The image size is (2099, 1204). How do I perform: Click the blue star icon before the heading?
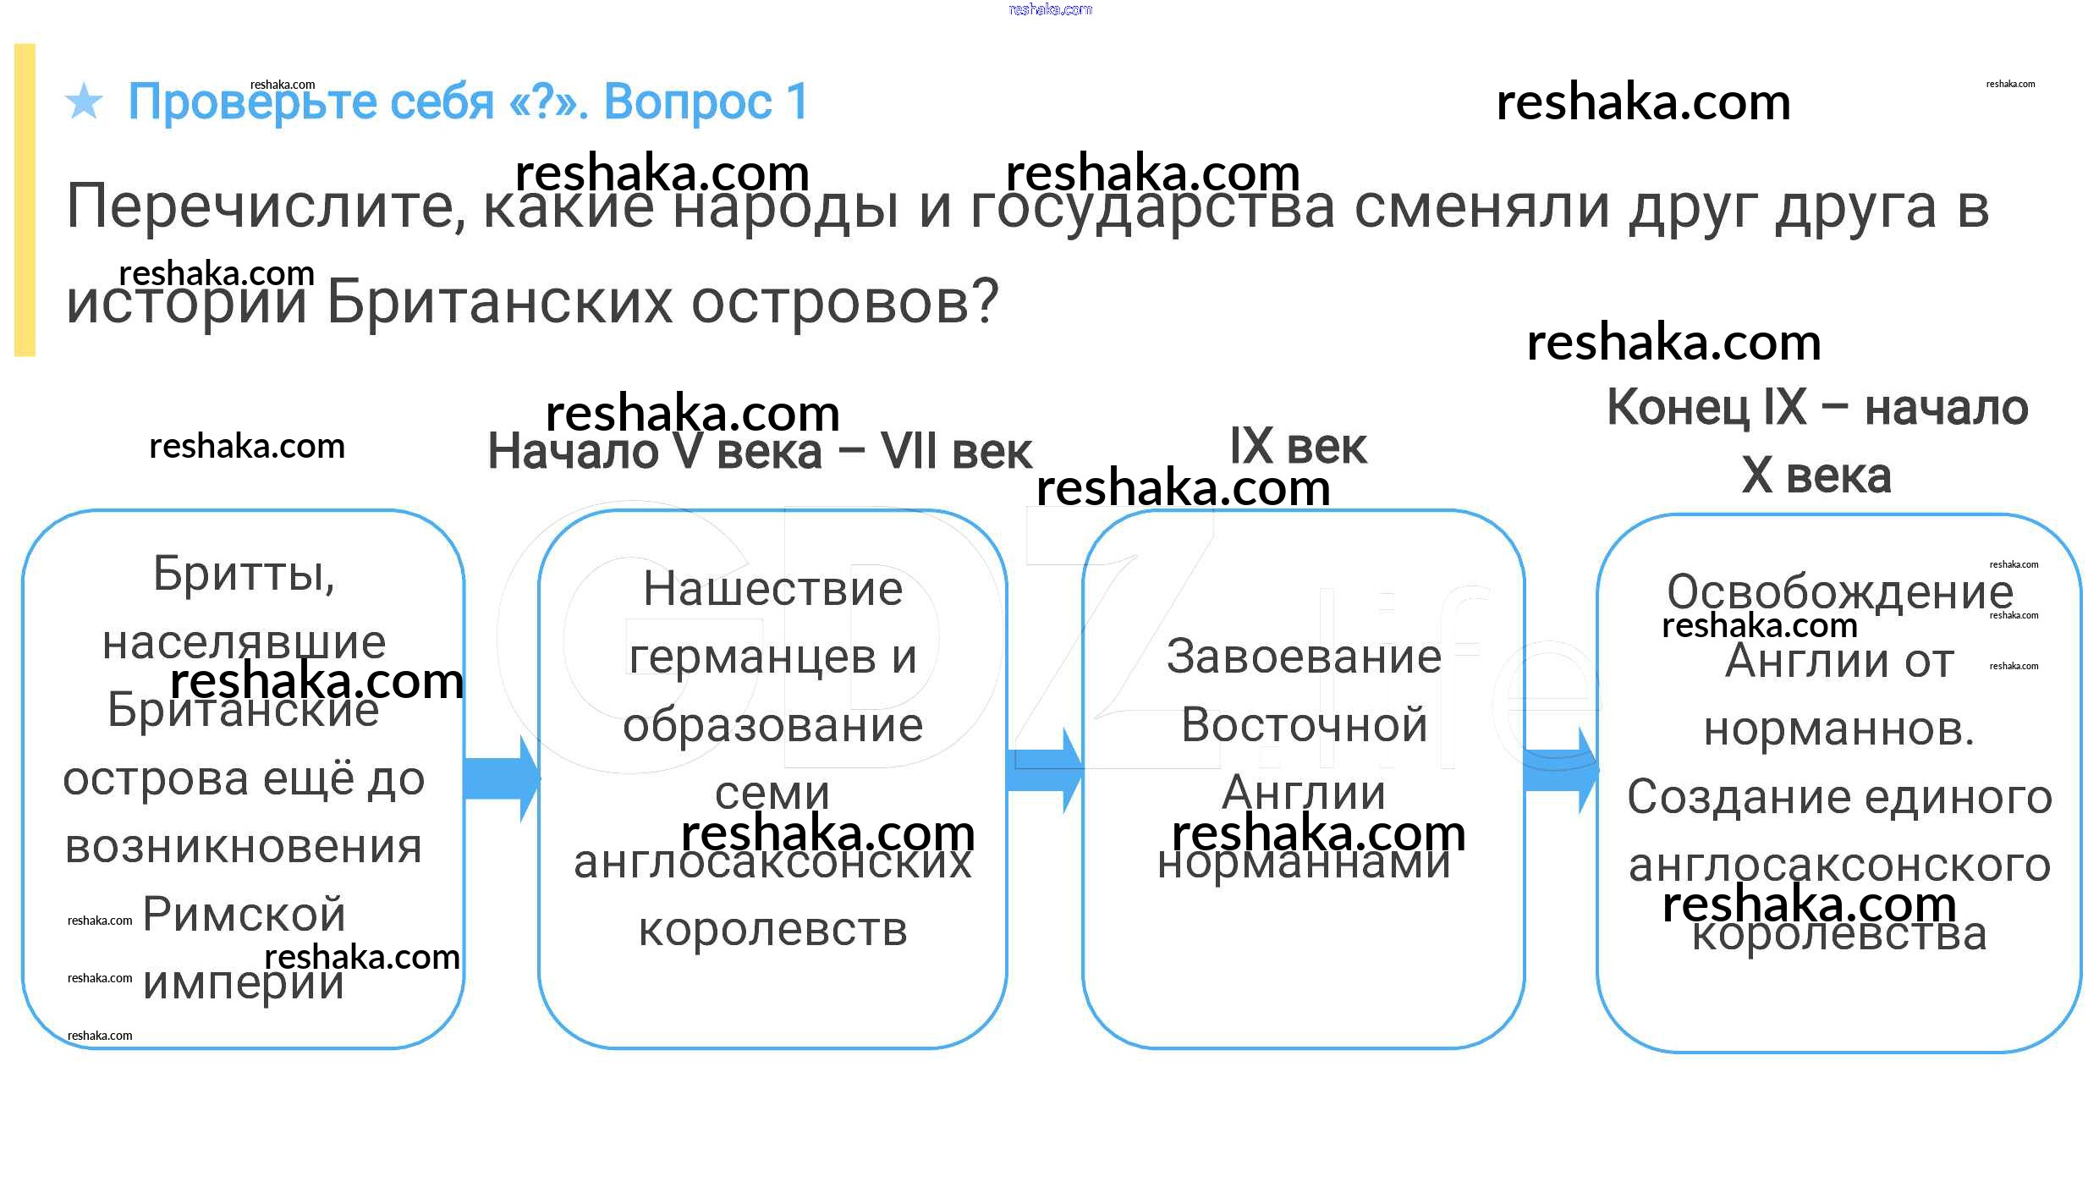pos(84,102)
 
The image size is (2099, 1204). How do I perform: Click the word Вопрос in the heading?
pos(687,102)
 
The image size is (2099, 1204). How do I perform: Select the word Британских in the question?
pos(499,302)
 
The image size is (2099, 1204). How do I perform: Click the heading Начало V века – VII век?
pos(759,452)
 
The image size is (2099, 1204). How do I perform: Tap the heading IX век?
pos(1298,447)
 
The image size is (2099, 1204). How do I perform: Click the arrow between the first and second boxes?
pos(501,778)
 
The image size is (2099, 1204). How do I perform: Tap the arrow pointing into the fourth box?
pos(1560,771)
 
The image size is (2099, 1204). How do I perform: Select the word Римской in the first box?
pos(244,915)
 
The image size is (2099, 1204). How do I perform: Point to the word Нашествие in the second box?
pos(772,589)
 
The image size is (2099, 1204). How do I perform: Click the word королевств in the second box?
pos(772,930)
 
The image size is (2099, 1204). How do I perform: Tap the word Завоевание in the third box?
pos(1303,657)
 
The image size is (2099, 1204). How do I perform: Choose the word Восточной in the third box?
pos(1303,725)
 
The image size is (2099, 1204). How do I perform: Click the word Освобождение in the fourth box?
pos(1838,592)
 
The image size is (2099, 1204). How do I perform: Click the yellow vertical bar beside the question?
pos(25,200)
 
